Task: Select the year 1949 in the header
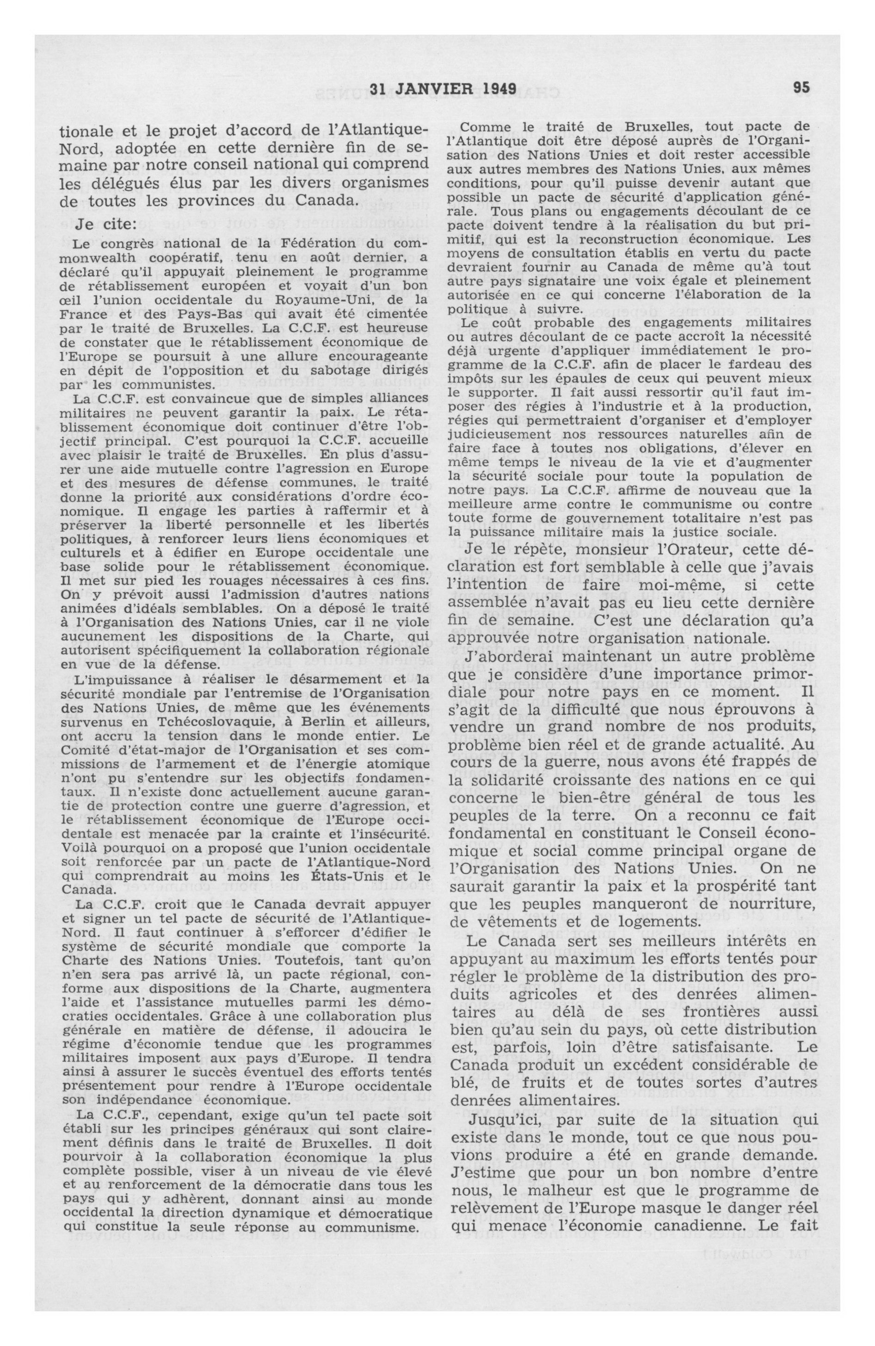pyautogui.click(x=499, y=88)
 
